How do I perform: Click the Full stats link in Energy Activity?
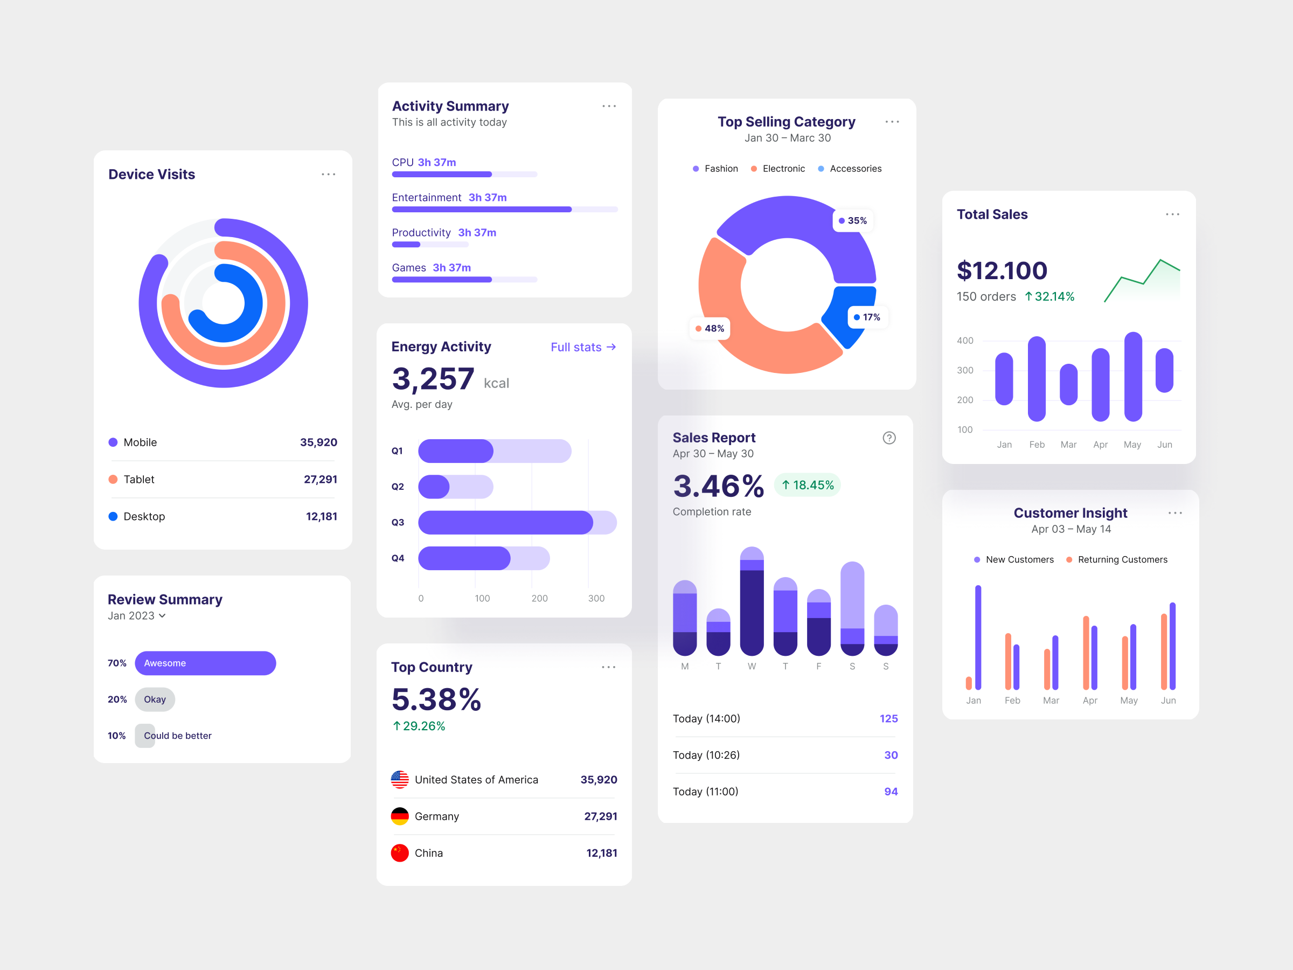(583, 347)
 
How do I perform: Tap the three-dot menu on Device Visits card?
(329, 174)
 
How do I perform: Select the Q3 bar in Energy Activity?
(506, 522)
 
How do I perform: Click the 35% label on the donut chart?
(853, 220)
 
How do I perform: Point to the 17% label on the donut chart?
(867, 317)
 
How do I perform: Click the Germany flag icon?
(400, 816)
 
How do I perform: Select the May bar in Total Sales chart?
(1133, 377)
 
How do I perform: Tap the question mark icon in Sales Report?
(888, 438)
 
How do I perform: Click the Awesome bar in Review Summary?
(205, 663)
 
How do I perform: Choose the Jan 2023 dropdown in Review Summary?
(137, 615)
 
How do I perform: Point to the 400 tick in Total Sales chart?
(965, 340)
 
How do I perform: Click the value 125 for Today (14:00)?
(888, 718)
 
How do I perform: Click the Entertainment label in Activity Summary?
(426, 198)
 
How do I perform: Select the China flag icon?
(400, 853)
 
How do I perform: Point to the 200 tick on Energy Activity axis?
(539, 598)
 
